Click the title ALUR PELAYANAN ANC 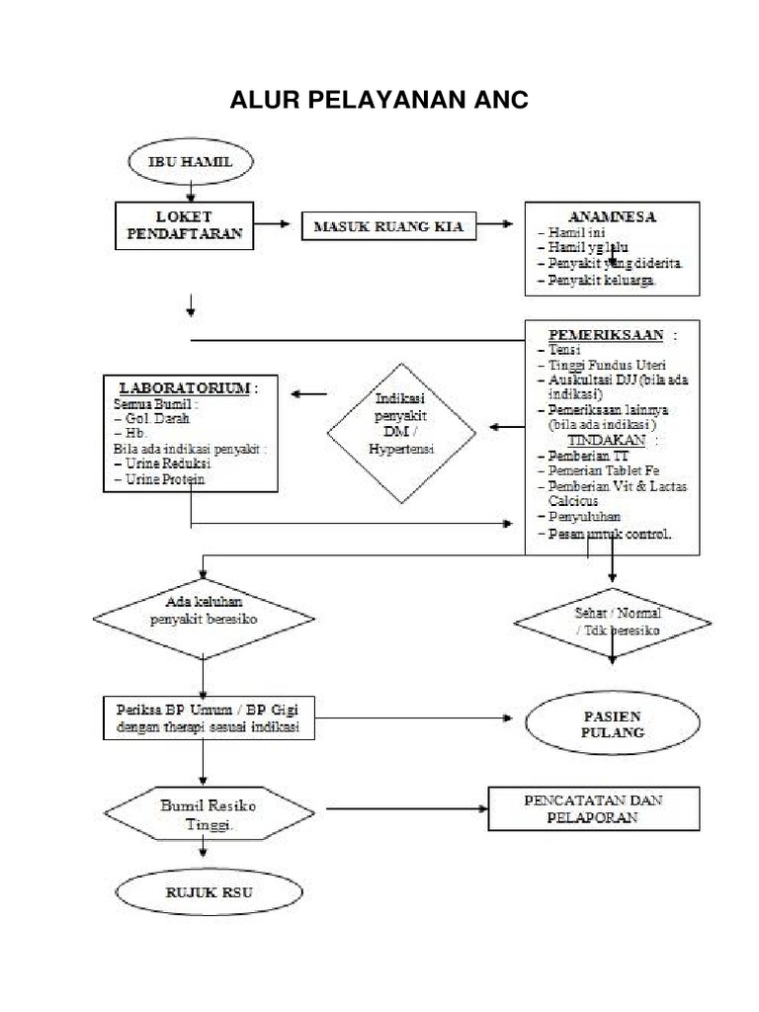(379, 101)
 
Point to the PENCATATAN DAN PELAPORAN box (594, 808)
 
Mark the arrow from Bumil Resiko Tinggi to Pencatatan (405, 808)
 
